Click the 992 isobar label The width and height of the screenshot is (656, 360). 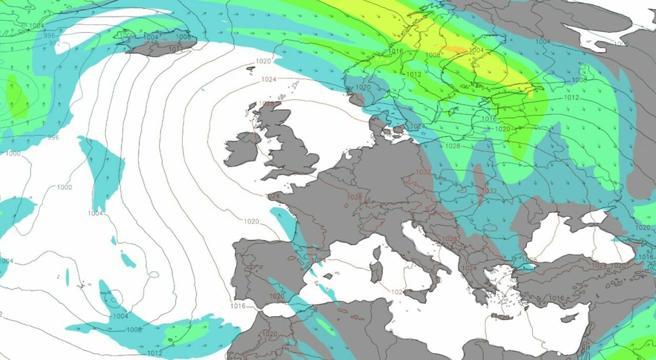(x=55, y=44)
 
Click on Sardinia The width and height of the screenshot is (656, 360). (x=377, y=272)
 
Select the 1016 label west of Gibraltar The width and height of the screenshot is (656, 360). (x=238, y=306)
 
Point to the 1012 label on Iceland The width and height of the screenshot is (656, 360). (x=176, y=49)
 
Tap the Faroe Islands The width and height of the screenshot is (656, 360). (x=251, y=68)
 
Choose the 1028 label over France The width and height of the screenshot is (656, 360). (x=354, y=197)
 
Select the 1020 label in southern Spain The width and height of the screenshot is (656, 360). (x=276, y=296)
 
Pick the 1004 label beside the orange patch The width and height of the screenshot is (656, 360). (x=477, y=50)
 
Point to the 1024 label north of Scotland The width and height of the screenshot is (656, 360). (x=269, y=79)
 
